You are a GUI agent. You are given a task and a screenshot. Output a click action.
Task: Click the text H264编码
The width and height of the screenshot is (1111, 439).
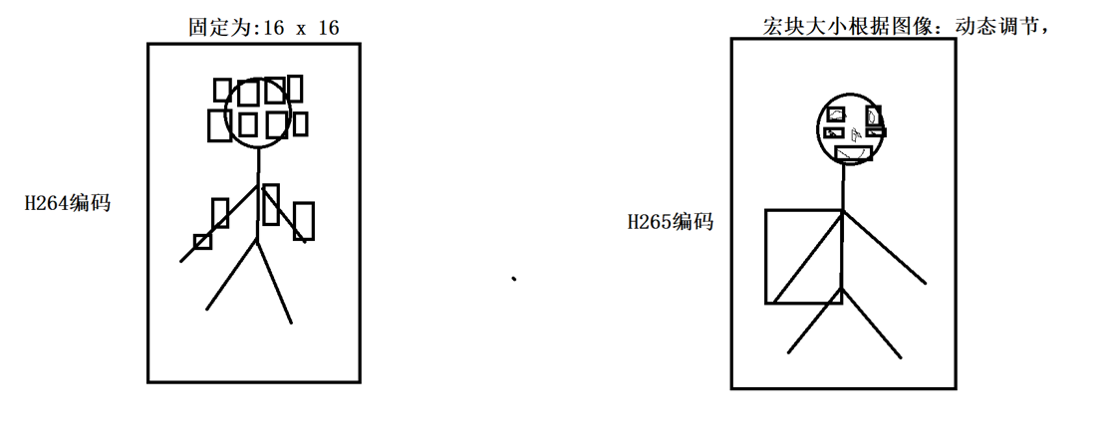point(68,204)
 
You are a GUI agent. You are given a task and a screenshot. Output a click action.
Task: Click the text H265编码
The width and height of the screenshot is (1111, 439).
point(670,222)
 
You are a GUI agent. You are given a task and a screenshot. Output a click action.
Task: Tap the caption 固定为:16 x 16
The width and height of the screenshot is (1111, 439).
point(263,28)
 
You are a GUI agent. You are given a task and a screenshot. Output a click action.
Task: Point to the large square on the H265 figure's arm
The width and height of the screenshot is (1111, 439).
point(803,256)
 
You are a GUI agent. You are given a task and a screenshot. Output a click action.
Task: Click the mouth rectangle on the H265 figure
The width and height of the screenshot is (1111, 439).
point(854,152)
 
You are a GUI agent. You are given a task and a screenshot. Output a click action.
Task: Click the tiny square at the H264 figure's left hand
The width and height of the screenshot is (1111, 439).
point(202,241)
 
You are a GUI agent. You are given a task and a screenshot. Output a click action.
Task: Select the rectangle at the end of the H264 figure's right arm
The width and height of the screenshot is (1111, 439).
point(303,221)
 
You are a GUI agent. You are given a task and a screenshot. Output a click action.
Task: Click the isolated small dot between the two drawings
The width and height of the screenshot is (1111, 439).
point(514,280)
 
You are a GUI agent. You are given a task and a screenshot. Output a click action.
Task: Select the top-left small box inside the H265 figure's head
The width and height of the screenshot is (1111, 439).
point(836,114)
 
